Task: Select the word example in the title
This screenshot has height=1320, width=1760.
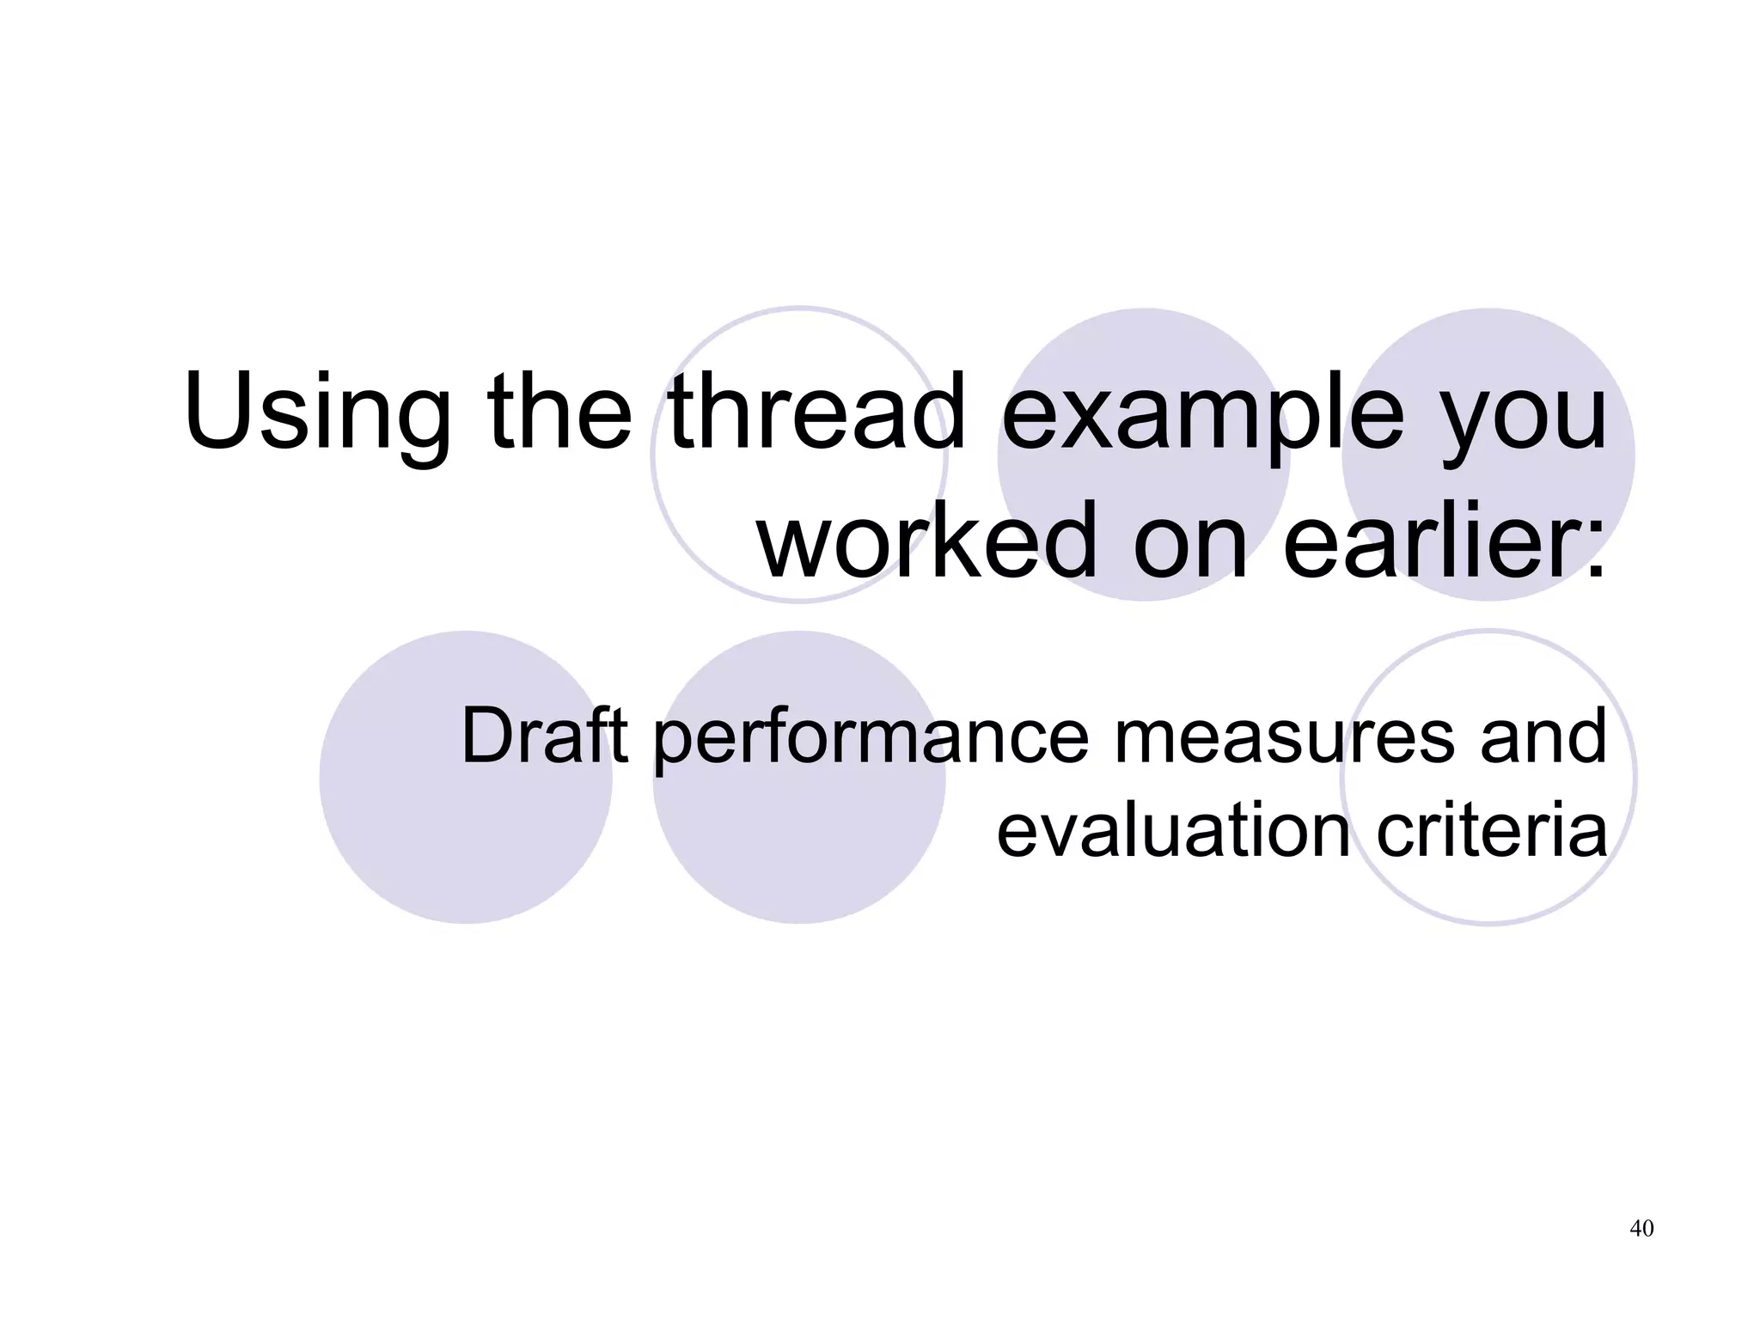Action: click(1203, 412)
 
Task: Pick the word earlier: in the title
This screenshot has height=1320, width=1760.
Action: click(1444, 541)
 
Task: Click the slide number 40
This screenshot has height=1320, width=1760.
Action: click(1641, 1228)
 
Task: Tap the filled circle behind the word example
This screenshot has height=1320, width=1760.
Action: click(1143, 344)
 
